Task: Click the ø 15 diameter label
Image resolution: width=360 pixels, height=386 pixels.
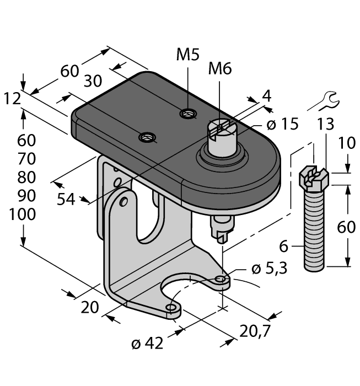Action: coord(282,125)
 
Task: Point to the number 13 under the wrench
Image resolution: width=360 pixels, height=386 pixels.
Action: coord(326,125)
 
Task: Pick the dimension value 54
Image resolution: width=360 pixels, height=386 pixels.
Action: coord(67,200)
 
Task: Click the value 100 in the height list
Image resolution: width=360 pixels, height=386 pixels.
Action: coord(23,215)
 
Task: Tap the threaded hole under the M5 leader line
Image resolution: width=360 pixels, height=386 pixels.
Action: coord(188,114)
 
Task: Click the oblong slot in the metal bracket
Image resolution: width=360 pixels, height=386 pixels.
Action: coord(147,212)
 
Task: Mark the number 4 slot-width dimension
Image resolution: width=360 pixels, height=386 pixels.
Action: coord(267,95)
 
